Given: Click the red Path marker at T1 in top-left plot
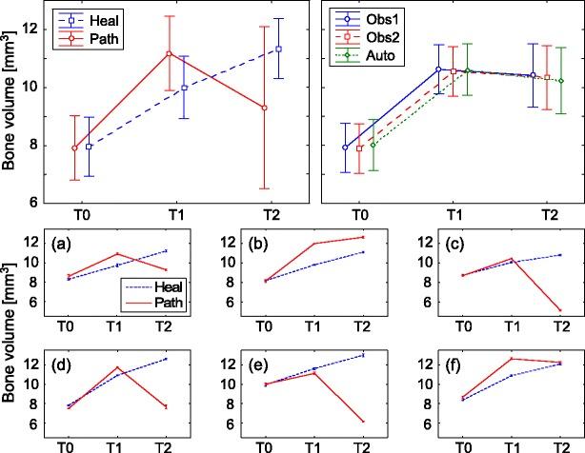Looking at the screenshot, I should [169, 53].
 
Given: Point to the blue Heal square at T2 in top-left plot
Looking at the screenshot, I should [278, 49].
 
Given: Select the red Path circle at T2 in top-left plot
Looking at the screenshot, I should [264, 108].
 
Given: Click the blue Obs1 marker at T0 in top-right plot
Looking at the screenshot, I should [345, 147].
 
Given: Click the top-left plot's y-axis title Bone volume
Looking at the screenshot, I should [10, 107].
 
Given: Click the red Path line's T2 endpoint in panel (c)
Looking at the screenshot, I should [559, 310].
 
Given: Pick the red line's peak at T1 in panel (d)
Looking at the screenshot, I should [117, 367].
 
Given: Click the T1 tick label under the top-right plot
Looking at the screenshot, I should [455, 216].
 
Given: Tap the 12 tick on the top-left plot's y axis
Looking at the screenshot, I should [36, 29].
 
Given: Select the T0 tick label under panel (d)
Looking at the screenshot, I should [70, 445].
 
